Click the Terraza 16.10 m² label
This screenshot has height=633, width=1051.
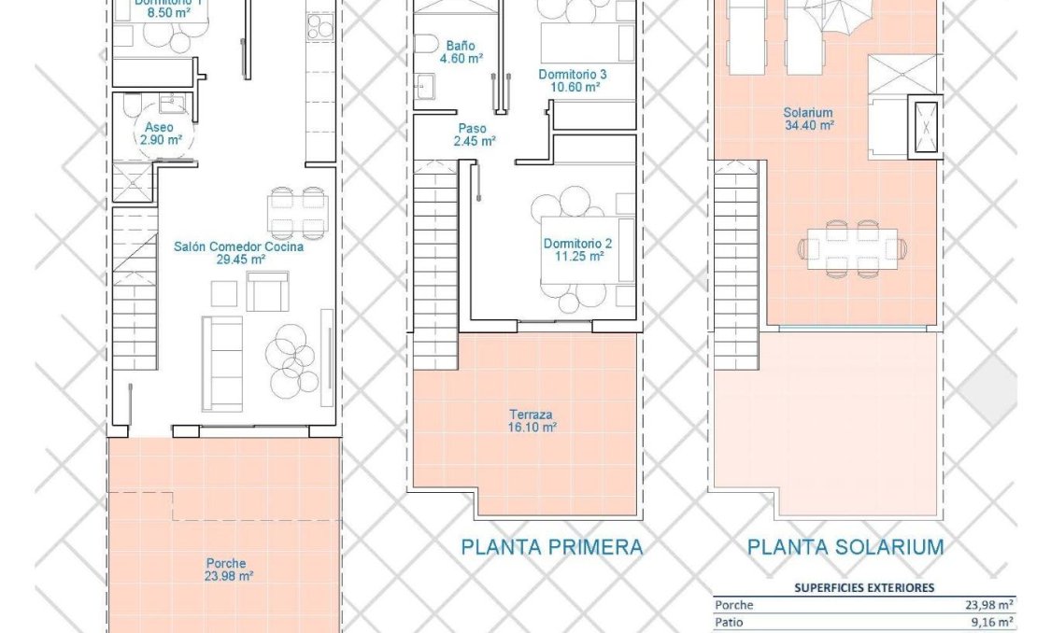pyautogui.click(x=533, y=420)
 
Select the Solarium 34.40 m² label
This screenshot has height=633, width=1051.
pyautogui.click(x=808, y=120)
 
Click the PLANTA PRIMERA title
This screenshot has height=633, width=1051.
pyautogui.click(x=551, y=547)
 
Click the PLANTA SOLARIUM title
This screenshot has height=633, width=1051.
pyautogui.click(x=845, y=547)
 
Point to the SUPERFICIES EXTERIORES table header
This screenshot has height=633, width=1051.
pyautogui.click(x=863, y=587)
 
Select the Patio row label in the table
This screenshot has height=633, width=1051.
pyautogui.click(x=729, y=622)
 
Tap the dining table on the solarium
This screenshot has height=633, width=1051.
pyautogui.click(x=851, y=248)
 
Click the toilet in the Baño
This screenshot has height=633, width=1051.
pyautogui.click(x=425, y=45)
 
